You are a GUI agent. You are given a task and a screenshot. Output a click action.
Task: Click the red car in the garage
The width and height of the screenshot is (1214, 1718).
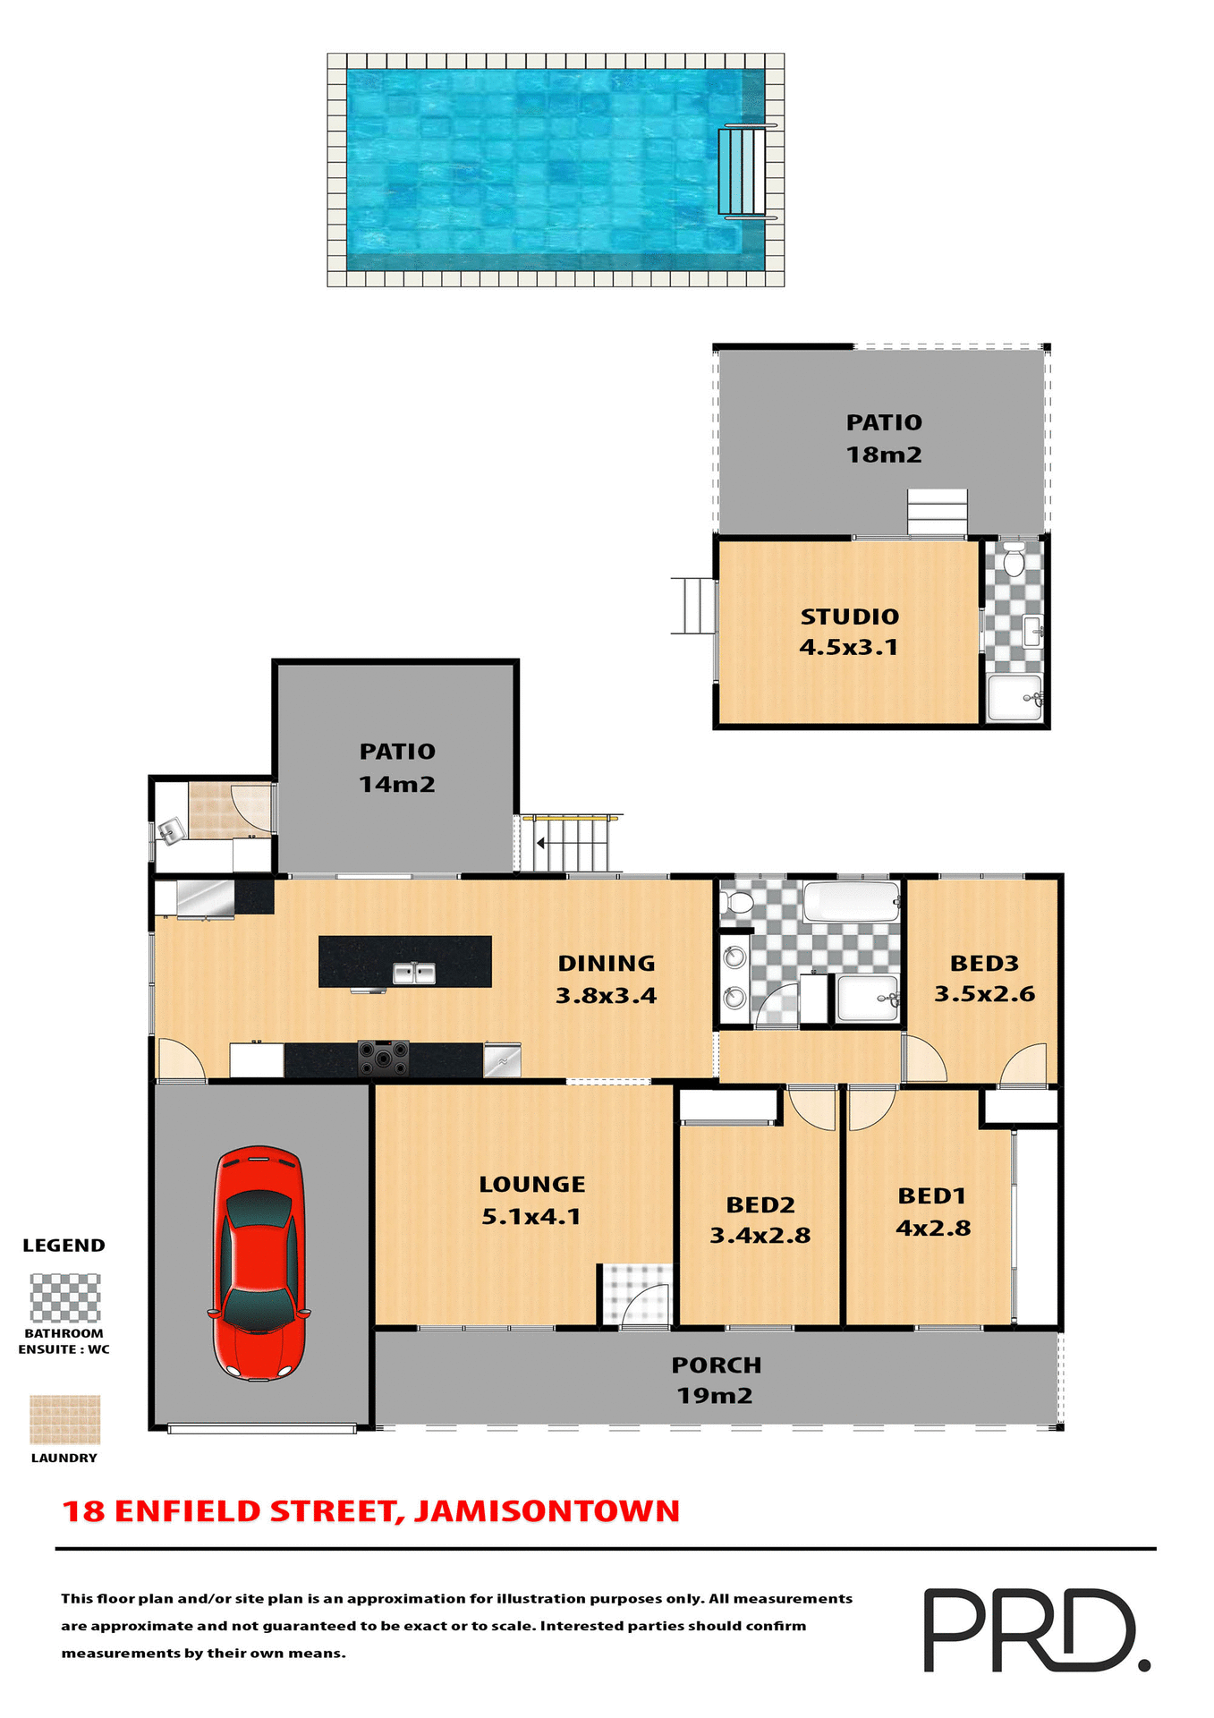[259, 1263]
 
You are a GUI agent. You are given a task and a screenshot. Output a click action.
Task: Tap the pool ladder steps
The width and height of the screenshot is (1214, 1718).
[742, 171]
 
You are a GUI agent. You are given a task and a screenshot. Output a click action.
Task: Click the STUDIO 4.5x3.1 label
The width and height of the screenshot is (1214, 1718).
[849, 632]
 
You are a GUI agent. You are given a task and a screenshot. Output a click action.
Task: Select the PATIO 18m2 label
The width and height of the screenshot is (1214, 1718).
[884, 438]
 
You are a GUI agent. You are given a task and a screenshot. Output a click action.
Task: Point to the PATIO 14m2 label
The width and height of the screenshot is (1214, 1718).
[397, 768]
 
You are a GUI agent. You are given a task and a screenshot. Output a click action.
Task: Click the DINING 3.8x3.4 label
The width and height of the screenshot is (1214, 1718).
[607, 979]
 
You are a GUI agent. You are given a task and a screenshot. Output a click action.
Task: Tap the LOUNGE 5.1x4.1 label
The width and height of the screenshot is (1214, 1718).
[532, 1200]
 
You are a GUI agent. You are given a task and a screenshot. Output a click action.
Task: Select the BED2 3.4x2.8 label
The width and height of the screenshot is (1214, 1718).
[760, 1220]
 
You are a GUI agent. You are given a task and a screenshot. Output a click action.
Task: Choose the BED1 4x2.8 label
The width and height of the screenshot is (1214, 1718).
[932, 1212]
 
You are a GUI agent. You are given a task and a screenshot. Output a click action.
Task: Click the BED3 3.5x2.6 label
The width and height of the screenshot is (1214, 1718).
[984, 978]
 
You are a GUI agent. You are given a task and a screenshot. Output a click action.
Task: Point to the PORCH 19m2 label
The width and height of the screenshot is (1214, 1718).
[716, 1380]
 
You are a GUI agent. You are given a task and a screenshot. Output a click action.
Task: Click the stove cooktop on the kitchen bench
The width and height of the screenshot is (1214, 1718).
[383, 1058]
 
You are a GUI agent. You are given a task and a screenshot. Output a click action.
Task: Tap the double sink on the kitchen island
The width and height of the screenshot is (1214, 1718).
[414, 973]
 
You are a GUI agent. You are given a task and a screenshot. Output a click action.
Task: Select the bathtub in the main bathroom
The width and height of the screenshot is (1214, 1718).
[851, 901]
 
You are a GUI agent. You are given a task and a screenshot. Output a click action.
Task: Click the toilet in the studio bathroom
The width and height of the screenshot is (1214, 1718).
[1014, 560]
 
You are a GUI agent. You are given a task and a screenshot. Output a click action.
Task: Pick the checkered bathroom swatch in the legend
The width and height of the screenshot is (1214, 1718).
[65, 1297]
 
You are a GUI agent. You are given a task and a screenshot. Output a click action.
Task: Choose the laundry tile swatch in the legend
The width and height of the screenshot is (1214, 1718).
[65, 1419]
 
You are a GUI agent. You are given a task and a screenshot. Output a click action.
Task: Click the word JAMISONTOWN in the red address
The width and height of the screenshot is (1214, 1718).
[547, 1511]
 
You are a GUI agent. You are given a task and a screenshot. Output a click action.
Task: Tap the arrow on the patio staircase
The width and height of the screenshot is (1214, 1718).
[540, 843]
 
